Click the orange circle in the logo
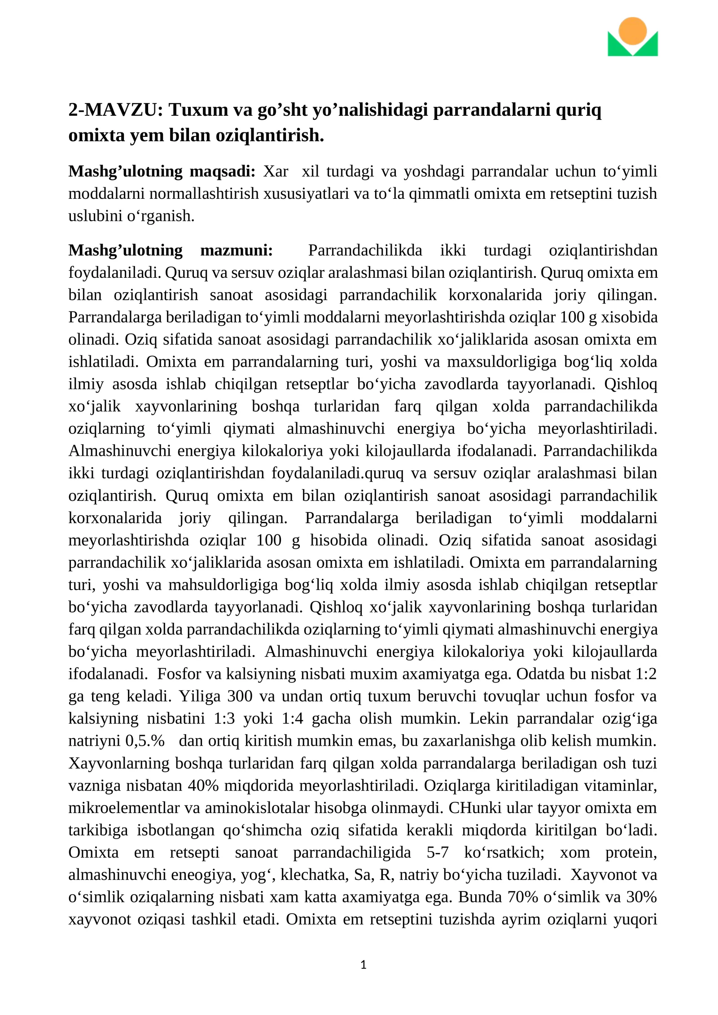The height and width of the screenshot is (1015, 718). [632, 31]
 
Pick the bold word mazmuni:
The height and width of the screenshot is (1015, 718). [236, 250]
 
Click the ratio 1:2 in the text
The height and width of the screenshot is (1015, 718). [646, 674]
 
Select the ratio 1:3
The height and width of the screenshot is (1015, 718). [224, 718]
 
